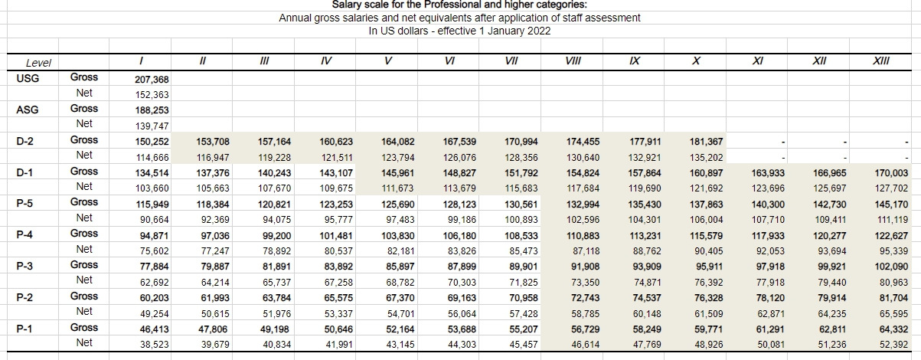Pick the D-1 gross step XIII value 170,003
tap(890, 173)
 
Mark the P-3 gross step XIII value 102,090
tap(890, 266)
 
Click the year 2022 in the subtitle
tap(538, 31)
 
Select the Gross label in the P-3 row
tap(84, 265)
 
